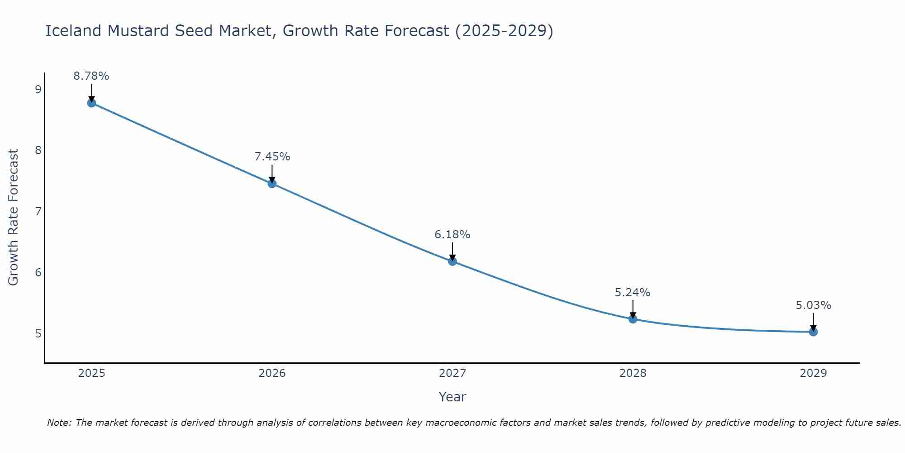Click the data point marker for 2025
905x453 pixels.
[91, 103]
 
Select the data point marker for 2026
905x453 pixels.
[272, 183]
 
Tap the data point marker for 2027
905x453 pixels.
[452, 261]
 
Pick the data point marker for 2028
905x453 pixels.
[633, 319]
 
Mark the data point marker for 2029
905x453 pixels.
[813, 332]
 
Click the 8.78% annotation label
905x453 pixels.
[91, 76]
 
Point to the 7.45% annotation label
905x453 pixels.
[272, 157]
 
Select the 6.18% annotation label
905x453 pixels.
[452, 235]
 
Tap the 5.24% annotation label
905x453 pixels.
[633, 293]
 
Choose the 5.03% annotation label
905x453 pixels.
[813, 305]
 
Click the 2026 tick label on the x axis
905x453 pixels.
[272, 373]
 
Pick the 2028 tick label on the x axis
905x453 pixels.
[633, 373]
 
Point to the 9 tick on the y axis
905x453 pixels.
[38, 89]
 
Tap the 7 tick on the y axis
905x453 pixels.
[38, 212]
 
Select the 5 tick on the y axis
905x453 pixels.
[38, 334]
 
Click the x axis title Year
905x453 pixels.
[452, 397]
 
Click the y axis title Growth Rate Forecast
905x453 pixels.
[14, 217]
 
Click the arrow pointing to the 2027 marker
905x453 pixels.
[452, 252]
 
